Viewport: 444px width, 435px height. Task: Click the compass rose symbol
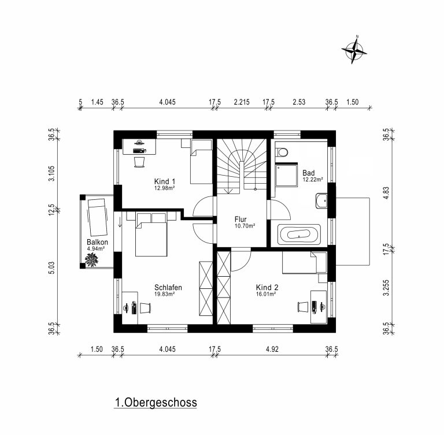tap(354, 50)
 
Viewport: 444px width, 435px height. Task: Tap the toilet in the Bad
tap(281, 153)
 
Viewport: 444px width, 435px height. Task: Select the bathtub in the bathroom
tap(299, 234)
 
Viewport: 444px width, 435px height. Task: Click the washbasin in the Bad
tap(321, 200)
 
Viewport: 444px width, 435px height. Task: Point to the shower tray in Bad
tap(286, 175)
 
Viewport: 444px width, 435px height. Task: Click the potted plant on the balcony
tap(91, 259)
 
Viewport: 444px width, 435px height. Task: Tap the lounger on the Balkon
tap(97, 217)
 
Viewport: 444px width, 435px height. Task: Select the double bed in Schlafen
tap(151, 235)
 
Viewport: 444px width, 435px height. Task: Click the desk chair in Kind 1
tap(139, 162)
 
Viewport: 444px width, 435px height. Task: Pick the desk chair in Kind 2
tap(302, 307)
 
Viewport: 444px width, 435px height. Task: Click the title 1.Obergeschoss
tap(156, 403)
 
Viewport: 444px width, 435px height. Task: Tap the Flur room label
tap(240, 219)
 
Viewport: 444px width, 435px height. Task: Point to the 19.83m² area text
tap(164, 294)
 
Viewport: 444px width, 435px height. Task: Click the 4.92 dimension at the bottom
tap(272, 350)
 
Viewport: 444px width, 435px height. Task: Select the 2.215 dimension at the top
tap(242, 102)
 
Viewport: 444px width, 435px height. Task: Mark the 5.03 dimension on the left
tap(51, 267)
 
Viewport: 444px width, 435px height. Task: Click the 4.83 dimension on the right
tap(386, 193)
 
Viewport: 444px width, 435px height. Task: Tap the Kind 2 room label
tap(267, 287)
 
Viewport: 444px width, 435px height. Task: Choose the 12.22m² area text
tap(313, 180)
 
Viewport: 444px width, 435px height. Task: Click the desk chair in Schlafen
tap(145, 308)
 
